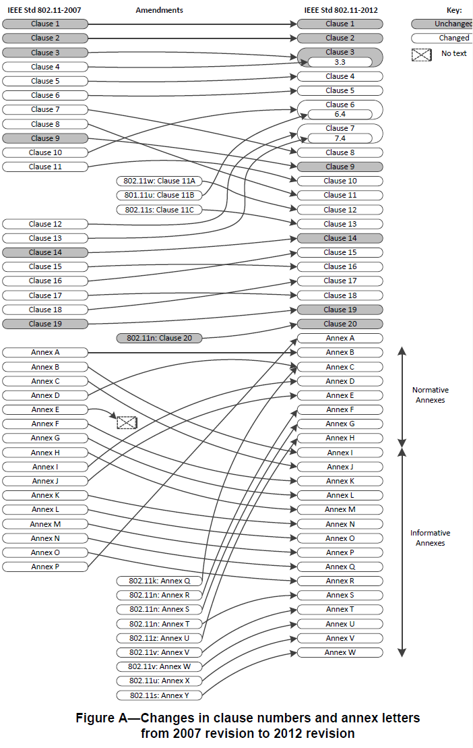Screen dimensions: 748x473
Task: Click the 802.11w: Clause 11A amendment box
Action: pyautogui.click(x=159, y=181)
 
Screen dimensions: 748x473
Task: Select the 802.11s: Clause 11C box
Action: pyautogui.click(x=159, y=210)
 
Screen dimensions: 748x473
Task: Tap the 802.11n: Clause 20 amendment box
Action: pyautogui.click(x=159, y=338)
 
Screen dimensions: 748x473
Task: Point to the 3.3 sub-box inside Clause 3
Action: pyautogui.click(x=340, y=62)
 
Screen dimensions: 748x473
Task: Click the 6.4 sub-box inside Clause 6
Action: pyautogui.click(x=340, y=114)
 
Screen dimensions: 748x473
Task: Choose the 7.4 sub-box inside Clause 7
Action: pyautogui.click(x=340, y=138)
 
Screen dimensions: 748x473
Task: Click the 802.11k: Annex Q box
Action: pyautogui.click(x=159, y=581)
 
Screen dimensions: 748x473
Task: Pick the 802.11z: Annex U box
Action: pyautogui.click(x=159, y=638)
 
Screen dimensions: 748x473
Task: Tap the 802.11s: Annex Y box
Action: pyautogui.click(x=159, y=695)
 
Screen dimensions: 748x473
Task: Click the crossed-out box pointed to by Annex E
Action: pyautogui.click(x=127, y=423)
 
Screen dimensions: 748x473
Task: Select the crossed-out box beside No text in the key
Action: pyautogui.click(x=422, y=55)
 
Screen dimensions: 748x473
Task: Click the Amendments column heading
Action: pyautogui.click(x=159, y=10)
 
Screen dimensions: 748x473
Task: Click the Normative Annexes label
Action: pyautogui.click(x=430, y=395)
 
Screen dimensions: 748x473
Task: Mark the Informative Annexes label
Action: pyautogui.click(x=430, y=538)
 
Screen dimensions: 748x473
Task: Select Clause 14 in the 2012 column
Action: pyautogui.click(x=340, y=238)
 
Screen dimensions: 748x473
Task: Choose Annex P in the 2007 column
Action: pyautogui.click(x=45, y=567)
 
